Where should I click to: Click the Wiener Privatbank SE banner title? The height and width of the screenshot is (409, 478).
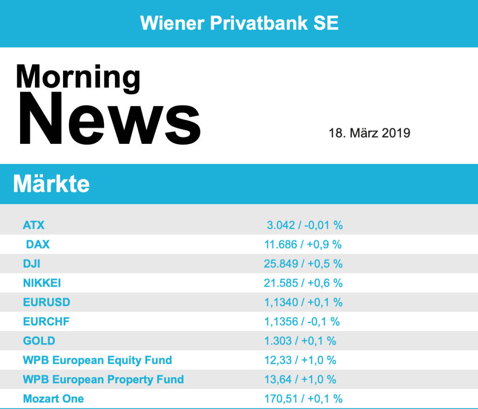coord(239,23)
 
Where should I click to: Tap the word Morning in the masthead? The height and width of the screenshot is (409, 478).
coord(78,77)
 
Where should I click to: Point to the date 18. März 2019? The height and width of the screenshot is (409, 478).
coord(369,133)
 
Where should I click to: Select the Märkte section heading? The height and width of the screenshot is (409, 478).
coord(51,184)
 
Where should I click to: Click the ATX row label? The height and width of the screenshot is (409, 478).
coord(34,225)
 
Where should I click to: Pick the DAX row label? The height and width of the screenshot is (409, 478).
coord(38,244)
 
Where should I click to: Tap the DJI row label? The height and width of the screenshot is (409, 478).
coord(32,264)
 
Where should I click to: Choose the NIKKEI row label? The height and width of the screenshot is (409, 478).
coord(42,283)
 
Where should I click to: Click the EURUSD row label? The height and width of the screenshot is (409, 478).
coord(47,302)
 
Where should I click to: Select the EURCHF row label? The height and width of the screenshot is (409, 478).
coord(46,322)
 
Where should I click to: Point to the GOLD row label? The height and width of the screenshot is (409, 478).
coord(39,341)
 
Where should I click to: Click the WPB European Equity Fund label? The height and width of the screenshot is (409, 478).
coord(98,360)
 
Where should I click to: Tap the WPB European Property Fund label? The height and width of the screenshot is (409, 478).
coord(103,379)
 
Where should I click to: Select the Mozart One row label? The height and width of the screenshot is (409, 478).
coord(54,399)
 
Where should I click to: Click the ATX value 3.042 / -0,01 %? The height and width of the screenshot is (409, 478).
coord(305,225)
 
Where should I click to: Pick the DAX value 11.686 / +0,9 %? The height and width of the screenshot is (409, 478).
coord(303,244)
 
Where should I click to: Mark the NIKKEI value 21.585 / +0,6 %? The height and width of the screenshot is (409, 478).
coord(303,283)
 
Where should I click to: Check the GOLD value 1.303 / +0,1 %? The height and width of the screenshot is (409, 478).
coord(300,341)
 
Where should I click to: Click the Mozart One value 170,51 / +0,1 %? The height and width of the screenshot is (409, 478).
coord(303,399)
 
